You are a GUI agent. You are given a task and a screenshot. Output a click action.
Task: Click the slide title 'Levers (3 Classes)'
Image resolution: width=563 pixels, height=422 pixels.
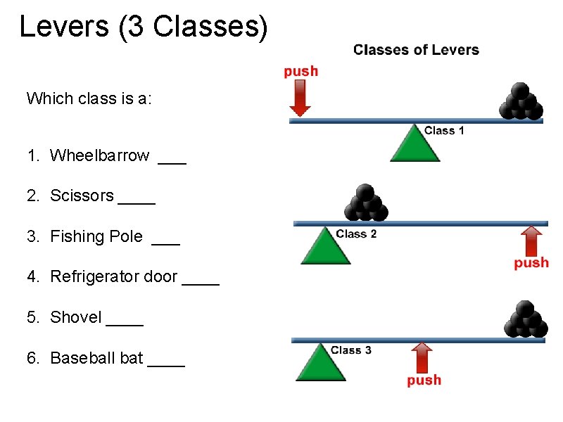pos(144,27)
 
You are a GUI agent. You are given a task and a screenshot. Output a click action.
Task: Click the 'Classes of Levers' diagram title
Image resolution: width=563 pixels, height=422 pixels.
pos(416,50)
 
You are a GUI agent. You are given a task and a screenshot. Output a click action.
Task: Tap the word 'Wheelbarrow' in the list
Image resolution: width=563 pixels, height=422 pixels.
pos(99,155)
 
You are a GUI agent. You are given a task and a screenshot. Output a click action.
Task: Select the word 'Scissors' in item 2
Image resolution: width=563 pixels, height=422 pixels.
pos(82,196)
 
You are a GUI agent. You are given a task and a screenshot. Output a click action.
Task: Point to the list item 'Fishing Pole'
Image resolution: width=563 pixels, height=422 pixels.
pos(96,236)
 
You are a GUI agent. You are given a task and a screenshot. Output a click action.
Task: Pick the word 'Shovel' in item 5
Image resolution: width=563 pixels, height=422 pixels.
pos(76,317)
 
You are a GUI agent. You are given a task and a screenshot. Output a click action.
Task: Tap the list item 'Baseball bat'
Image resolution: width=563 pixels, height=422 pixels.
pos(96,358)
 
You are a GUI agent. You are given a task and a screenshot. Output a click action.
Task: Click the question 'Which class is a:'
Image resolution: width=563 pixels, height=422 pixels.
pos(89,98)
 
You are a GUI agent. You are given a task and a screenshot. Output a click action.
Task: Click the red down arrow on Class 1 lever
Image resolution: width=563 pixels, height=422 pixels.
pos(301,98)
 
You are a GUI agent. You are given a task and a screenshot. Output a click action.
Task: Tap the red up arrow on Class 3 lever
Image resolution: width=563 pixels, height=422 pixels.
pos(422,357)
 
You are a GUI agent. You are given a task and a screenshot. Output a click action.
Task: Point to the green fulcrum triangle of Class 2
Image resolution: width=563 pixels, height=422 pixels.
pos(324,247)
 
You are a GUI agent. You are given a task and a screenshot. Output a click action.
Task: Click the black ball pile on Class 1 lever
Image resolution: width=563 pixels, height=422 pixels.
pos(521,102)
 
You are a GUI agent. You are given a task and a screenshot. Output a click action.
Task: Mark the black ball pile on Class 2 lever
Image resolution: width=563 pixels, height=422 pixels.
pos(365,203)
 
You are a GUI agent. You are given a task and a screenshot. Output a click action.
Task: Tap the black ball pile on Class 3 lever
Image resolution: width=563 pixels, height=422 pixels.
pos(525,320)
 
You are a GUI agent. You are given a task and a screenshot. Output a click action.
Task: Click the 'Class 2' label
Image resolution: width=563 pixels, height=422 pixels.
pos(356,234)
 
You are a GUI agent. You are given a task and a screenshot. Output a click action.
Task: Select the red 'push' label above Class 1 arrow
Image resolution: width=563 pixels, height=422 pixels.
pos(301,71)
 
